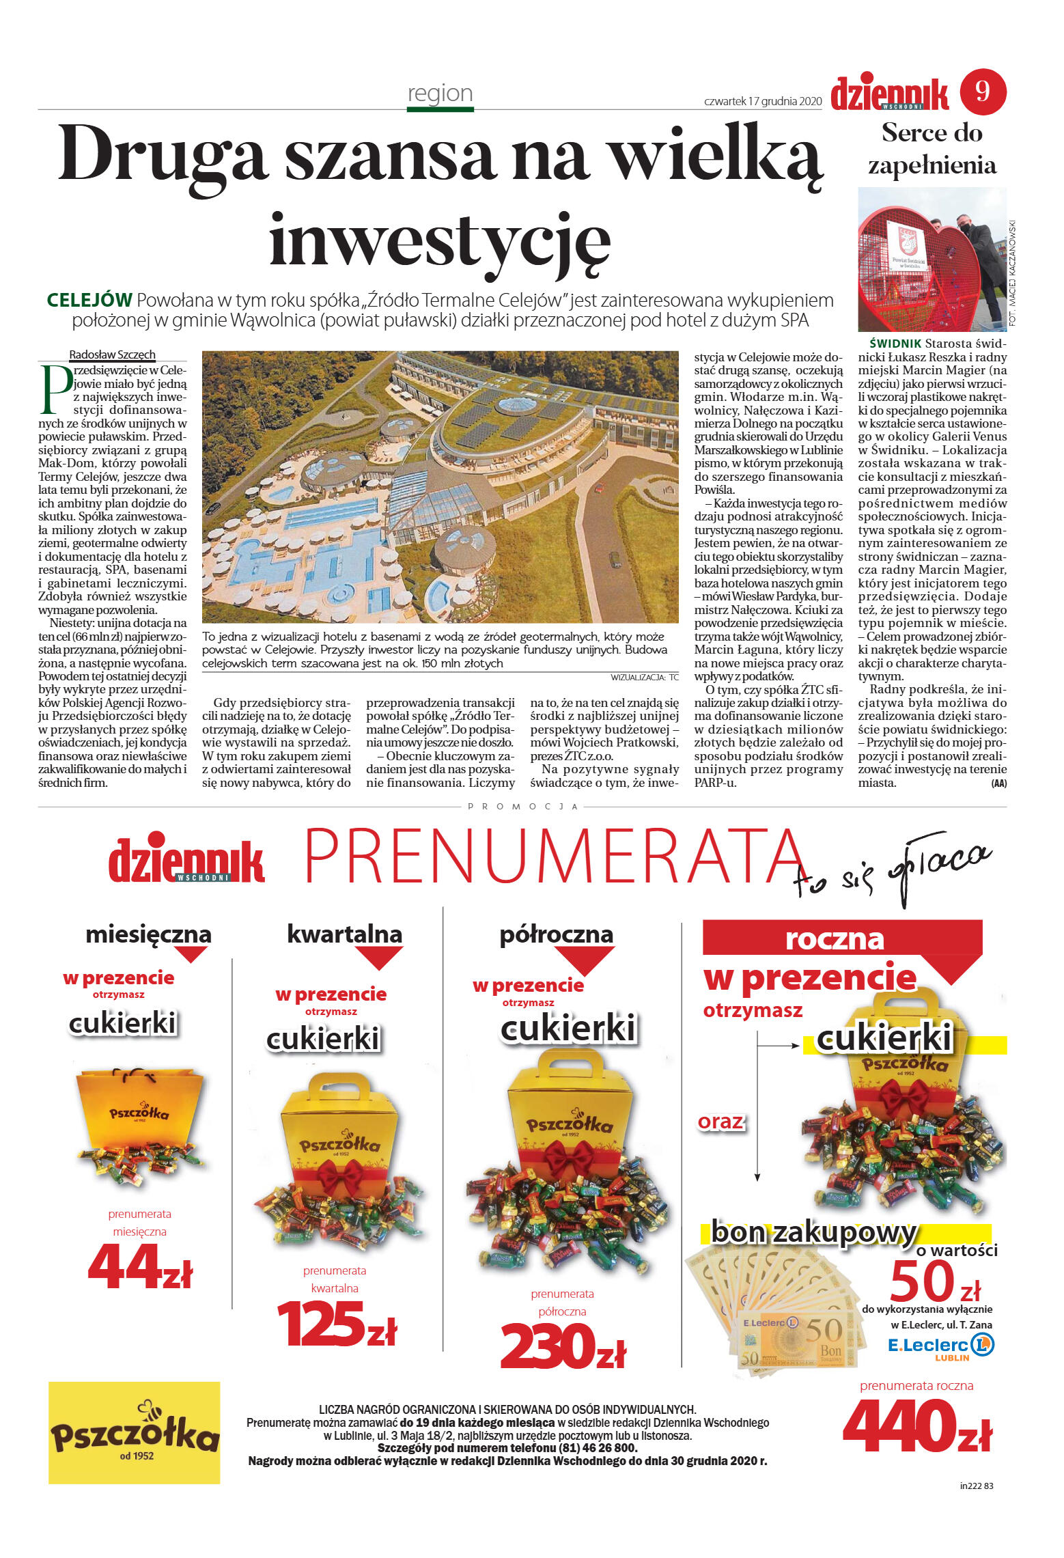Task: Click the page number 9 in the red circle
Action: coord(983,92)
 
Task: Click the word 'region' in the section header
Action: coord(440,93)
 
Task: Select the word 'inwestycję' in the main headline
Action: coord(439,241)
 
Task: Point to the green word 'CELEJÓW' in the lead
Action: coord(89,300)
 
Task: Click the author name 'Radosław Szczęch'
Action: coord(112,354)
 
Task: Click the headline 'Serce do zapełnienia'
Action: coord(932,149)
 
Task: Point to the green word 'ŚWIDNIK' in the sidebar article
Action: coord(895,344)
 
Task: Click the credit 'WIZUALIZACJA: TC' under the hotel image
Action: coord(644,678)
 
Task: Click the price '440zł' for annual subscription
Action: coord(916,1427)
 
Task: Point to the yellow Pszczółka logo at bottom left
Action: coord(134,1432)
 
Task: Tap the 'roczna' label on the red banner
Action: coord(835,940)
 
